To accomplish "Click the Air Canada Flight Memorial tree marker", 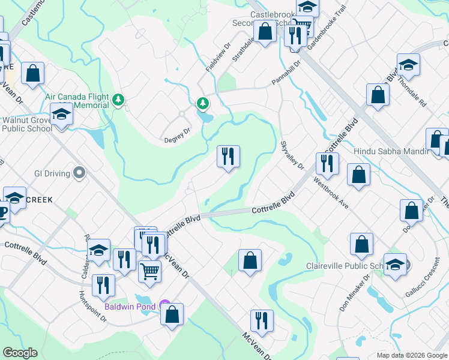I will coord(119,100).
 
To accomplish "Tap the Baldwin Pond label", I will coord(130,307).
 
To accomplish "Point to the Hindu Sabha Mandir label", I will coord(392,152).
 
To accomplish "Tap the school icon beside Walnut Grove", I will coord(61,114).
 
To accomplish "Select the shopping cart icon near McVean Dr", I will coord(149,270).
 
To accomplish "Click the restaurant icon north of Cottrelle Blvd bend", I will coord(228,157).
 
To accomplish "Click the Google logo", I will coord(19,353).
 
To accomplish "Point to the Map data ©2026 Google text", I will coord(411,355).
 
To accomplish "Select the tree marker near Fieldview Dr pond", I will coord(203,104).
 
